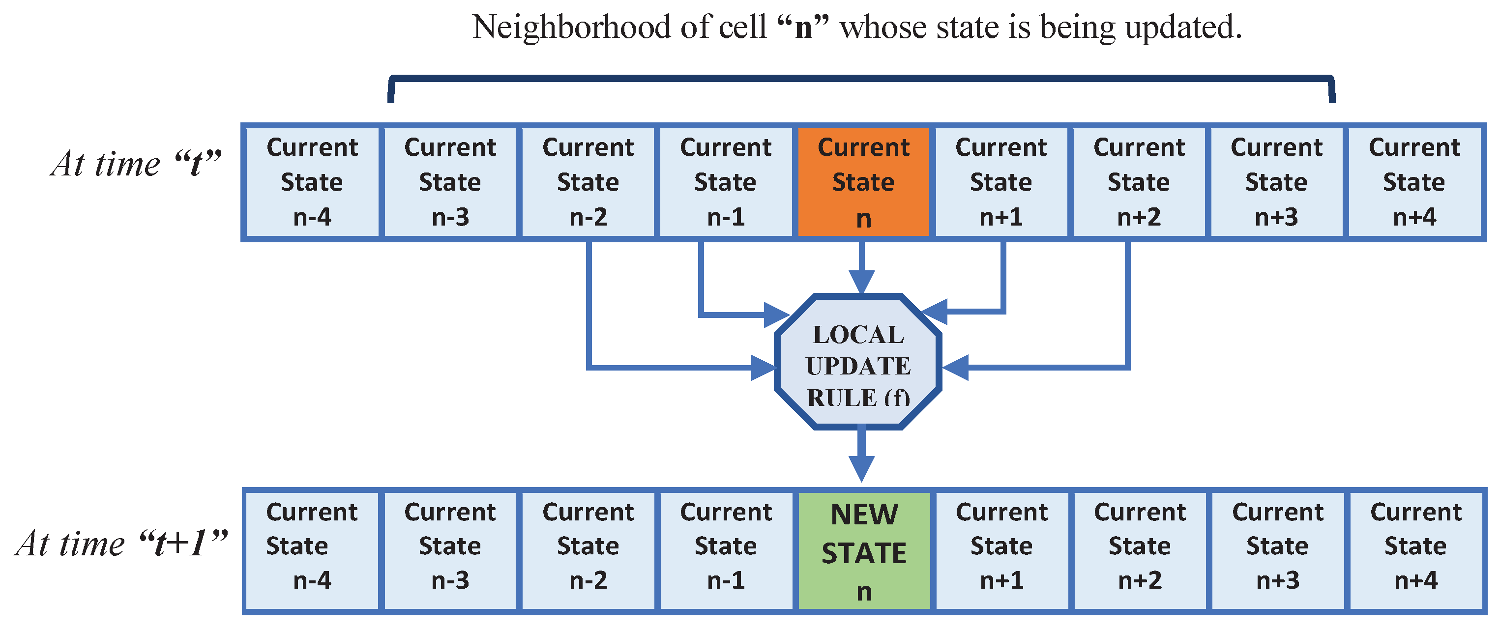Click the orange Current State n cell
click(x=863, y=182)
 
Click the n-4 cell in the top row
click(x=312, y=182)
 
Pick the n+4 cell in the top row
click(x=1414, y=182)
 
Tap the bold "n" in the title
click(x=803, y=28)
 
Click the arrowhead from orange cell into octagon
click(x=862, y=282)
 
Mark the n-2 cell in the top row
click(x=588, y=182)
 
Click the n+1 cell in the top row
click(x=1001, y=182)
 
